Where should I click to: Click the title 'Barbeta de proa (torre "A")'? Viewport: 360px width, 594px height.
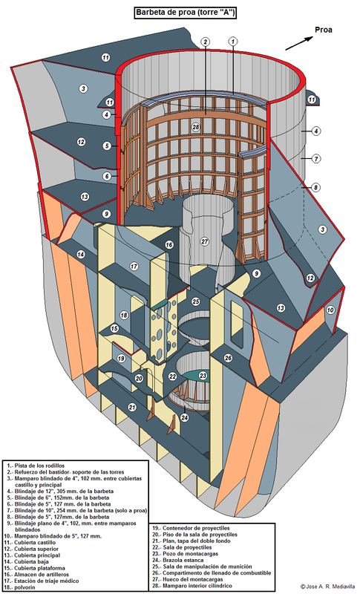pyautogui.click(x=185, y=12)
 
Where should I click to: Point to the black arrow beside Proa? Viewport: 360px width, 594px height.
pyautogui.click(x=298, y=42)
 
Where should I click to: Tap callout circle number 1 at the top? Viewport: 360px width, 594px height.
pyautogui.click(x=232, y=42)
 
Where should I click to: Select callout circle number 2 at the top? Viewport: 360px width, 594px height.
pyautogui.click(x=204, y=42)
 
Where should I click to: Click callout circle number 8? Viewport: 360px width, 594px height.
pyautogui.click(x=315, y=188)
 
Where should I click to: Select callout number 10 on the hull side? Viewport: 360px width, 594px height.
pyautogui.click(x=330, y=310)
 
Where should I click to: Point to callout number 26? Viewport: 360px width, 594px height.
pyautogui.click(x=228, y=358)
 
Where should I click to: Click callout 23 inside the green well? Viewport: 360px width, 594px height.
pyautogui.click(x=203, y=376)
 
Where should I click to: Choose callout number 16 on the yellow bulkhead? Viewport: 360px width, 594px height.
pyautogui.click(x=169, y=244)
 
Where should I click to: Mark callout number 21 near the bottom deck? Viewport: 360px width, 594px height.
pyautogui.click(x=131, y=407)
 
